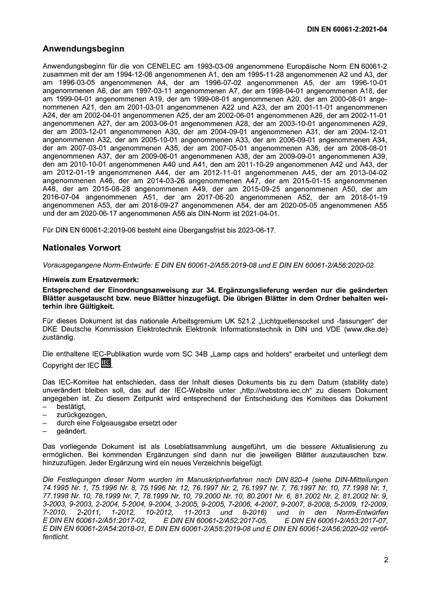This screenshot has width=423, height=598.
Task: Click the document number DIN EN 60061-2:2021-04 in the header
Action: point(347,29)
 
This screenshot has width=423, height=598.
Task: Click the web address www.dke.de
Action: point(364,329)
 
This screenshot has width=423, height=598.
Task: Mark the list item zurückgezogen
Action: point(75,415)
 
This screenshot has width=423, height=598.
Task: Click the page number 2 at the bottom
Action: point(386,560)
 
